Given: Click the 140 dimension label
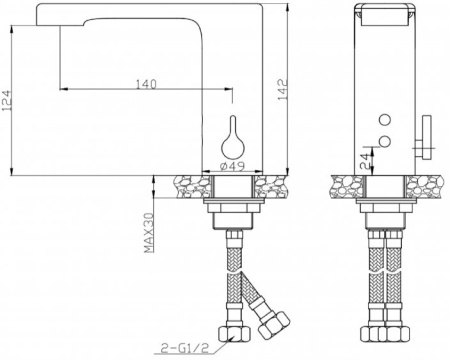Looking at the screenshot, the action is pyautogui.click(x=146, y=84).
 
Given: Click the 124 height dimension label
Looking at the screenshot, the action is pyautogui.click(x=6, y=101).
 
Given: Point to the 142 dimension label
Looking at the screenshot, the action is pyautogui.click(x=283, y=89).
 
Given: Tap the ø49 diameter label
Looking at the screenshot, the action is pyautogui.click(x=233, y=166).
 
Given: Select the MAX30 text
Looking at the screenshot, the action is pyautogui.click(x=149, y=233).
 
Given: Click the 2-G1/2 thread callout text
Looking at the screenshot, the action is pyautogui.click(x=184, y=348).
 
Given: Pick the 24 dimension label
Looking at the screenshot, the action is pyautogui.click(x=365, y=161).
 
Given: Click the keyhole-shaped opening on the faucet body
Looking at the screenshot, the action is pyautogui.click(x=233, y=139).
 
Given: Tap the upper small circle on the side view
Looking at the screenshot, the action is pyautogui.click(x=385, y=119).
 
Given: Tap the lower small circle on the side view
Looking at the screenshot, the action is pyautogui.click(x=385, y=141).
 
